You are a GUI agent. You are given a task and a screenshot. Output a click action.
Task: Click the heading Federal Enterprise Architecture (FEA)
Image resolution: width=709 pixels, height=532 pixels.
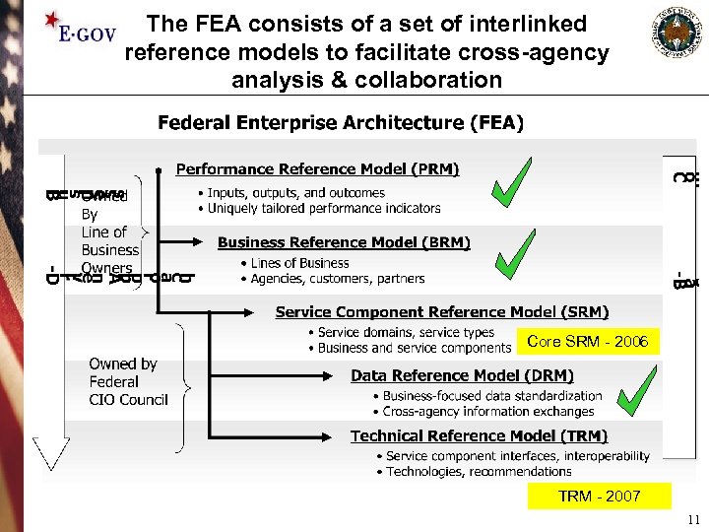(x=341, y=123)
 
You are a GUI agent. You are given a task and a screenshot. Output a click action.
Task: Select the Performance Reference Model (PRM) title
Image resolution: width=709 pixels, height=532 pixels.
(x=317, y=169)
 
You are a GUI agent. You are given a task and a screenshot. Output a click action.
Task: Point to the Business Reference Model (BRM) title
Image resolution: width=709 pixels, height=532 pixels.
(x=344, y=242)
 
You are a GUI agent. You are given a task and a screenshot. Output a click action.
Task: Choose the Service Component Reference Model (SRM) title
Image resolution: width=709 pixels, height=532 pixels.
(x=442, y=312)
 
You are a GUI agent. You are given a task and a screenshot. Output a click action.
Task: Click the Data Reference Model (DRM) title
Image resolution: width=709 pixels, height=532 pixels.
(x=462, y=375)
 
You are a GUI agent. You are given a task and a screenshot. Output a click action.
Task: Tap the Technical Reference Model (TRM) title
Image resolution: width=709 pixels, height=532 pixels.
(x=479, y=436)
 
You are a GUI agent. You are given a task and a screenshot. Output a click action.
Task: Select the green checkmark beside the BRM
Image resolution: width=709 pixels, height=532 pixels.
(x=515, y=254)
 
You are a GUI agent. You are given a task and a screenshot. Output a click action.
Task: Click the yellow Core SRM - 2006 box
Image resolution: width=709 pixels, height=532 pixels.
(x=587, y=342)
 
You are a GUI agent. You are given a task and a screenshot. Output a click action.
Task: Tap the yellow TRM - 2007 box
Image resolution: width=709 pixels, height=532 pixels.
(x=599, y=497)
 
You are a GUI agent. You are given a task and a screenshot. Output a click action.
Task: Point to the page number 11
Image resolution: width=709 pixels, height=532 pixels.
(x=693, y=520)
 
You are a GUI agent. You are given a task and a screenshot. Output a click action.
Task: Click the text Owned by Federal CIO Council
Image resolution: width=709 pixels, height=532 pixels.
(x=128, y=382)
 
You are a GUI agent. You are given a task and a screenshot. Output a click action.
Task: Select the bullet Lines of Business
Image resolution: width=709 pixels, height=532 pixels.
(x=299, y=263)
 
